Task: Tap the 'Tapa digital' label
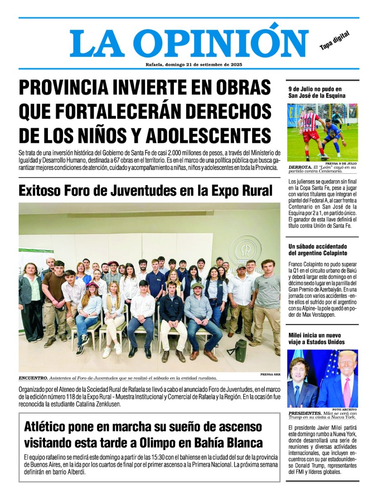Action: [x=334, y=41]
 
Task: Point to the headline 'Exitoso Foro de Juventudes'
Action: [x=145, y=191]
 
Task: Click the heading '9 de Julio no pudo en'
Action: [x=315, y=89]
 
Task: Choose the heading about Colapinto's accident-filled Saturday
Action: [x=318, y=250]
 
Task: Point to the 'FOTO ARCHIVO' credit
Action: [x=344, y=409]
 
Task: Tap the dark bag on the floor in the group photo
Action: [x=240, y=347]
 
